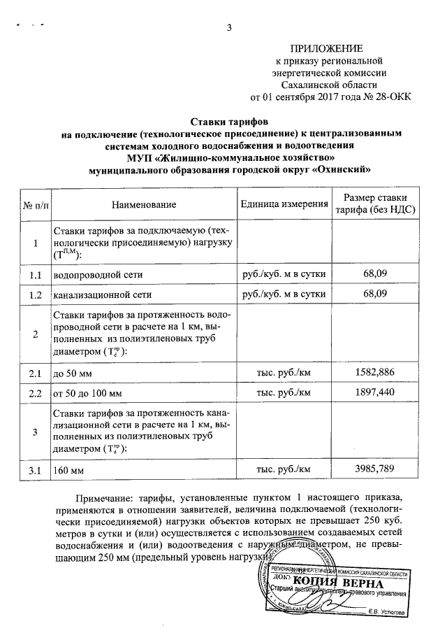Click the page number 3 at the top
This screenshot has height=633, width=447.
coord(228,28)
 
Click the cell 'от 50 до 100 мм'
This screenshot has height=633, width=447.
coord(87,394)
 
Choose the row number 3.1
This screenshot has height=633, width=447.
coord(36,471)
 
